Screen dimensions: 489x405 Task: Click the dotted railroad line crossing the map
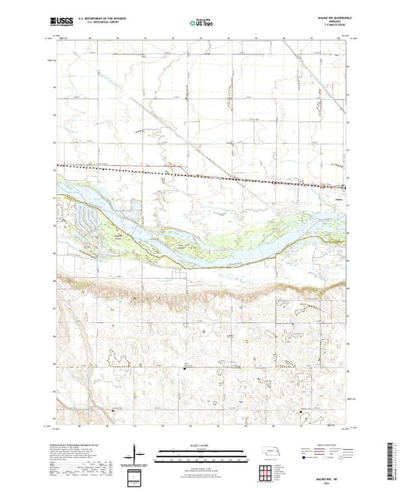coord(155,171)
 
